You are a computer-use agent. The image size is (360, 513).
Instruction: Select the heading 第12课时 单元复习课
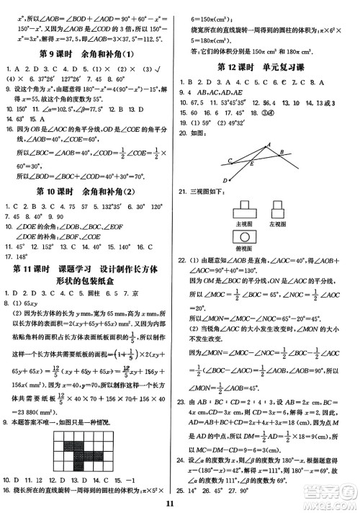click(x=268, y=68)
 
